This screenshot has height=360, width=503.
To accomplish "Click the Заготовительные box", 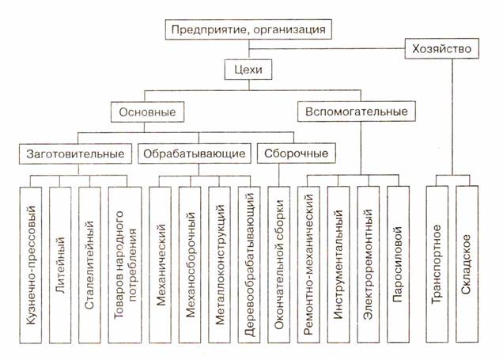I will [76, 151].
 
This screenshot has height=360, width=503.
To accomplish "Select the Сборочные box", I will [292, 151].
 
